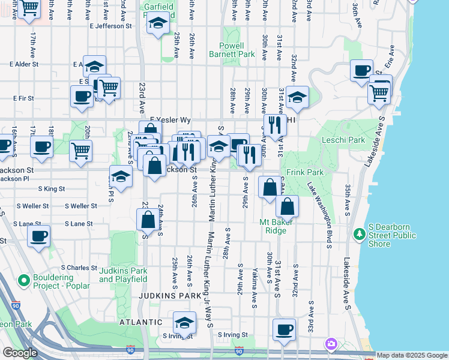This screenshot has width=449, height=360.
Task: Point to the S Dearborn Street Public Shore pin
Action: click(360, 233)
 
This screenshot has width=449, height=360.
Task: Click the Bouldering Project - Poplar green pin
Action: click(24, 280)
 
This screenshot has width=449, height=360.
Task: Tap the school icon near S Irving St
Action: click(184, 323)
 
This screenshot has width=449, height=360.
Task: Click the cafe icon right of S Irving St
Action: click(283, 329)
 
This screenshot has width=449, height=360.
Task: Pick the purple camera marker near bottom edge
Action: click(331, 344)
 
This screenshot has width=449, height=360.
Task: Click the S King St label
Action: click(52, 188)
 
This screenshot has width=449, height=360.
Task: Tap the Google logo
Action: click(20, 353)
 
